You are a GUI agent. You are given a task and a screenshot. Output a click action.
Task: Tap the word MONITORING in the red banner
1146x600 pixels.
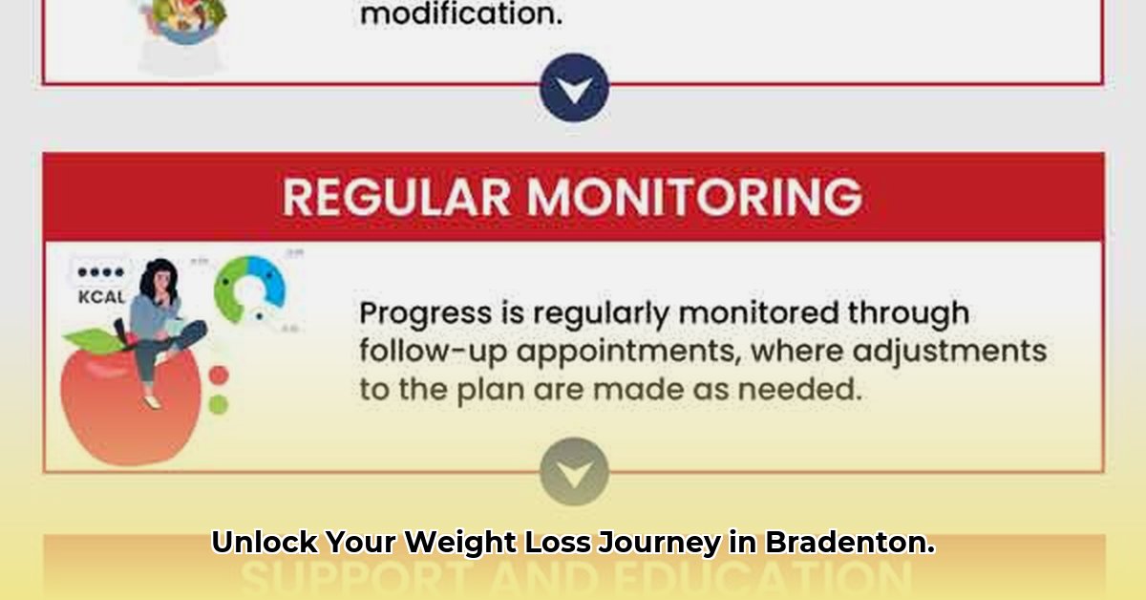point(694,197)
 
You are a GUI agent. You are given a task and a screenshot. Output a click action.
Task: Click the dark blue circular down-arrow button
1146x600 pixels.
point(574,88)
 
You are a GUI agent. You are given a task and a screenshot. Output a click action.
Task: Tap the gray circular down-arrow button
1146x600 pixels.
point(574,471)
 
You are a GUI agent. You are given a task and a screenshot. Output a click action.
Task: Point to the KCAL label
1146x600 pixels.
point(101,297)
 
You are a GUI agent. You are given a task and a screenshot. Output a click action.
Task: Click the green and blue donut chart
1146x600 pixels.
point(249,289)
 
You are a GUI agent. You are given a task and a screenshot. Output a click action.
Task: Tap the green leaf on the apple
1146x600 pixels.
point(88,338)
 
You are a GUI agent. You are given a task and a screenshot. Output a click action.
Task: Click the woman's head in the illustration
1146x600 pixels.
point(156,280)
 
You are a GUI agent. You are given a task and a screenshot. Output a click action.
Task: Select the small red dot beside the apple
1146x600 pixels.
point(219,375)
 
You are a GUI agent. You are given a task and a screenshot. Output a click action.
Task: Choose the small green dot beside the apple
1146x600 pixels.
point(219,404)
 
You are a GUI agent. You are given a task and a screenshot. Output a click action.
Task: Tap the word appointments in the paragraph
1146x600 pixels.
point(621,352)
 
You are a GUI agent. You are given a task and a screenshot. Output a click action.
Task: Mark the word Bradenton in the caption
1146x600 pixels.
point(849,544)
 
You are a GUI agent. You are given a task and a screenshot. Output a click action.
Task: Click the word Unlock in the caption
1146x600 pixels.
point(264,544)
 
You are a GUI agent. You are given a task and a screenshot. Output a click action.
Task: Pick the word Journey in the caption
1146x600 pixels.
point(659,544)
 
